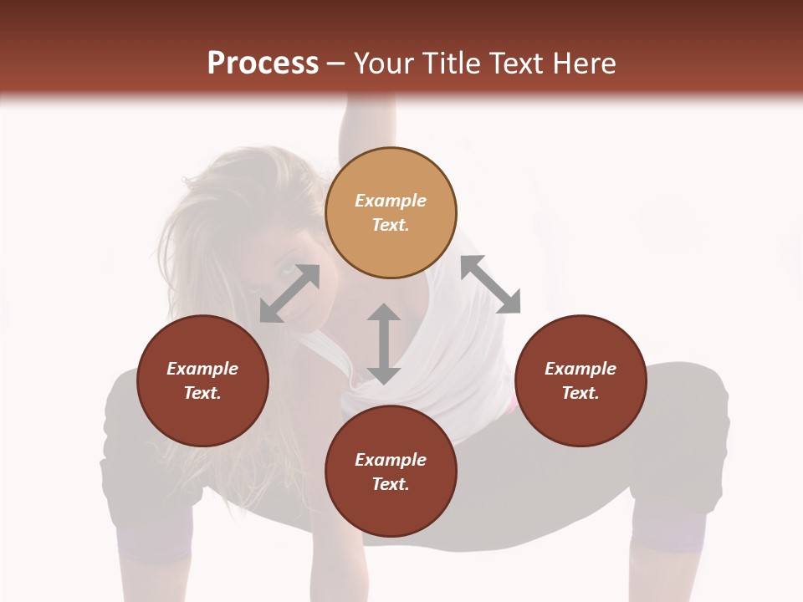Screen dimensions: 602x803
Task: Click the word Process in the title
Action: click(263, 64)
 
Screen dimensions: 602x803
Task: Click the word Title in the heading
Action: click(448, 64)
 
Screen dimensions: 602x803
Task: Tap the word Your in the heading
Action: click(386, 64)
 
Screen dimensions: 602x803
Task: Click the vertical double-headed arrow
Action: click(384, 344)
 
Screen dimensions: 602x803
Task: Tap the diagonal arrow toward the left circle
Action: click(289, 293)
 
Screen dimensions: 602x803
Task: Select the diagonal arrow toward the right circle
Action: click(490, 285)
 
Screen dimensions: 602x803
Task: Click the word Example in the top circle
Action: click(391, 201)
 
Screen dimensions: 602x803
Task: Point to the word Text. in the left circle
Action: click(202, 393)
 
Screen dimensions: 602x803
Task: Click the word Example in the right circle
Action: click(581, 369)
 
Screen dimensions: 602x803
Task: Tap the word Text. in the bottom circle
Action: click(391, 484)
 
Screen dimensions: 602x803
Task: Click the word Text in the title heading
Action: click(517, 64)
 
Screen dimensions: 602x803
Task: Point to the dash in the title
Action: click(336, 64)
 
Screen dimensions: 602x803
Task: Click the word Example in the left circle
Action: click(202, 369)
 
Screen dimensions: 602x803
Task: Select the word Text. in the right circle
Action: click(581, 393)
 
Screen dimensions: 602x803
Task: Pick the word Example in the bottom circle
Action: click(391, 460)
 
